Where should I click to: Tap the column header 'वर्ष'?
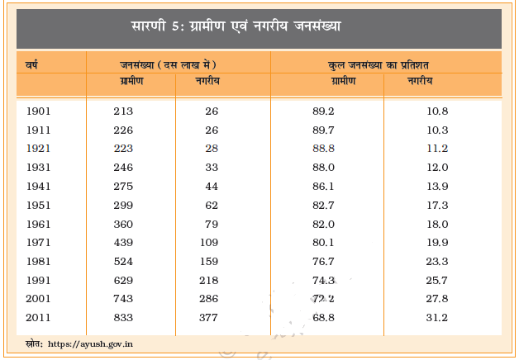click(34, 64)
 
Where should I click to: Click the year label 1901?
click(38, 111)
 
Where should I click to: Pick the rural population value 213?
click(123, 111)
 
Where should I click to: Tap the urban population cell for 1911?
click(212, 130)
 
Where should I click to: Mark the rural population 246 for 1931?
click(123, 168)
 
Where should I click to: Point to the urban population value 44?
click(212, 186)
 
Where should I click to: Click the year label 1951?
click(38, 205)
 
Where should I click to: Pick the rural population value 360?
click(123, 224)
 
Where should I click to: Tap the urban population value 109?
click(208, 242)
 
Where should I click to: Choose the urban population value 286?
click(208, 298)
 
